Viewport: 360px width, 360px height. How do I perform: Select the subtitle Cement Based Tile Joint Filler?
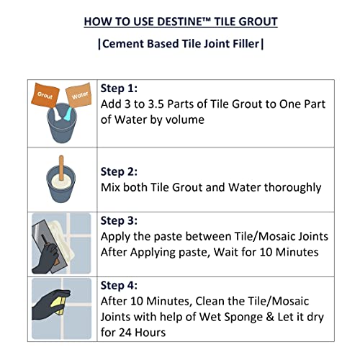click(x=180, y=44)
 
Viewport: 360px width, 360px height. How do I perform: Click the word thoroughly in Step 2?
click(x=287, y=188)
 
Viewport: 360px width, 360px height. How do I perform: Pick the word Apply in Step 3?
click(x=117, y=236)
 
